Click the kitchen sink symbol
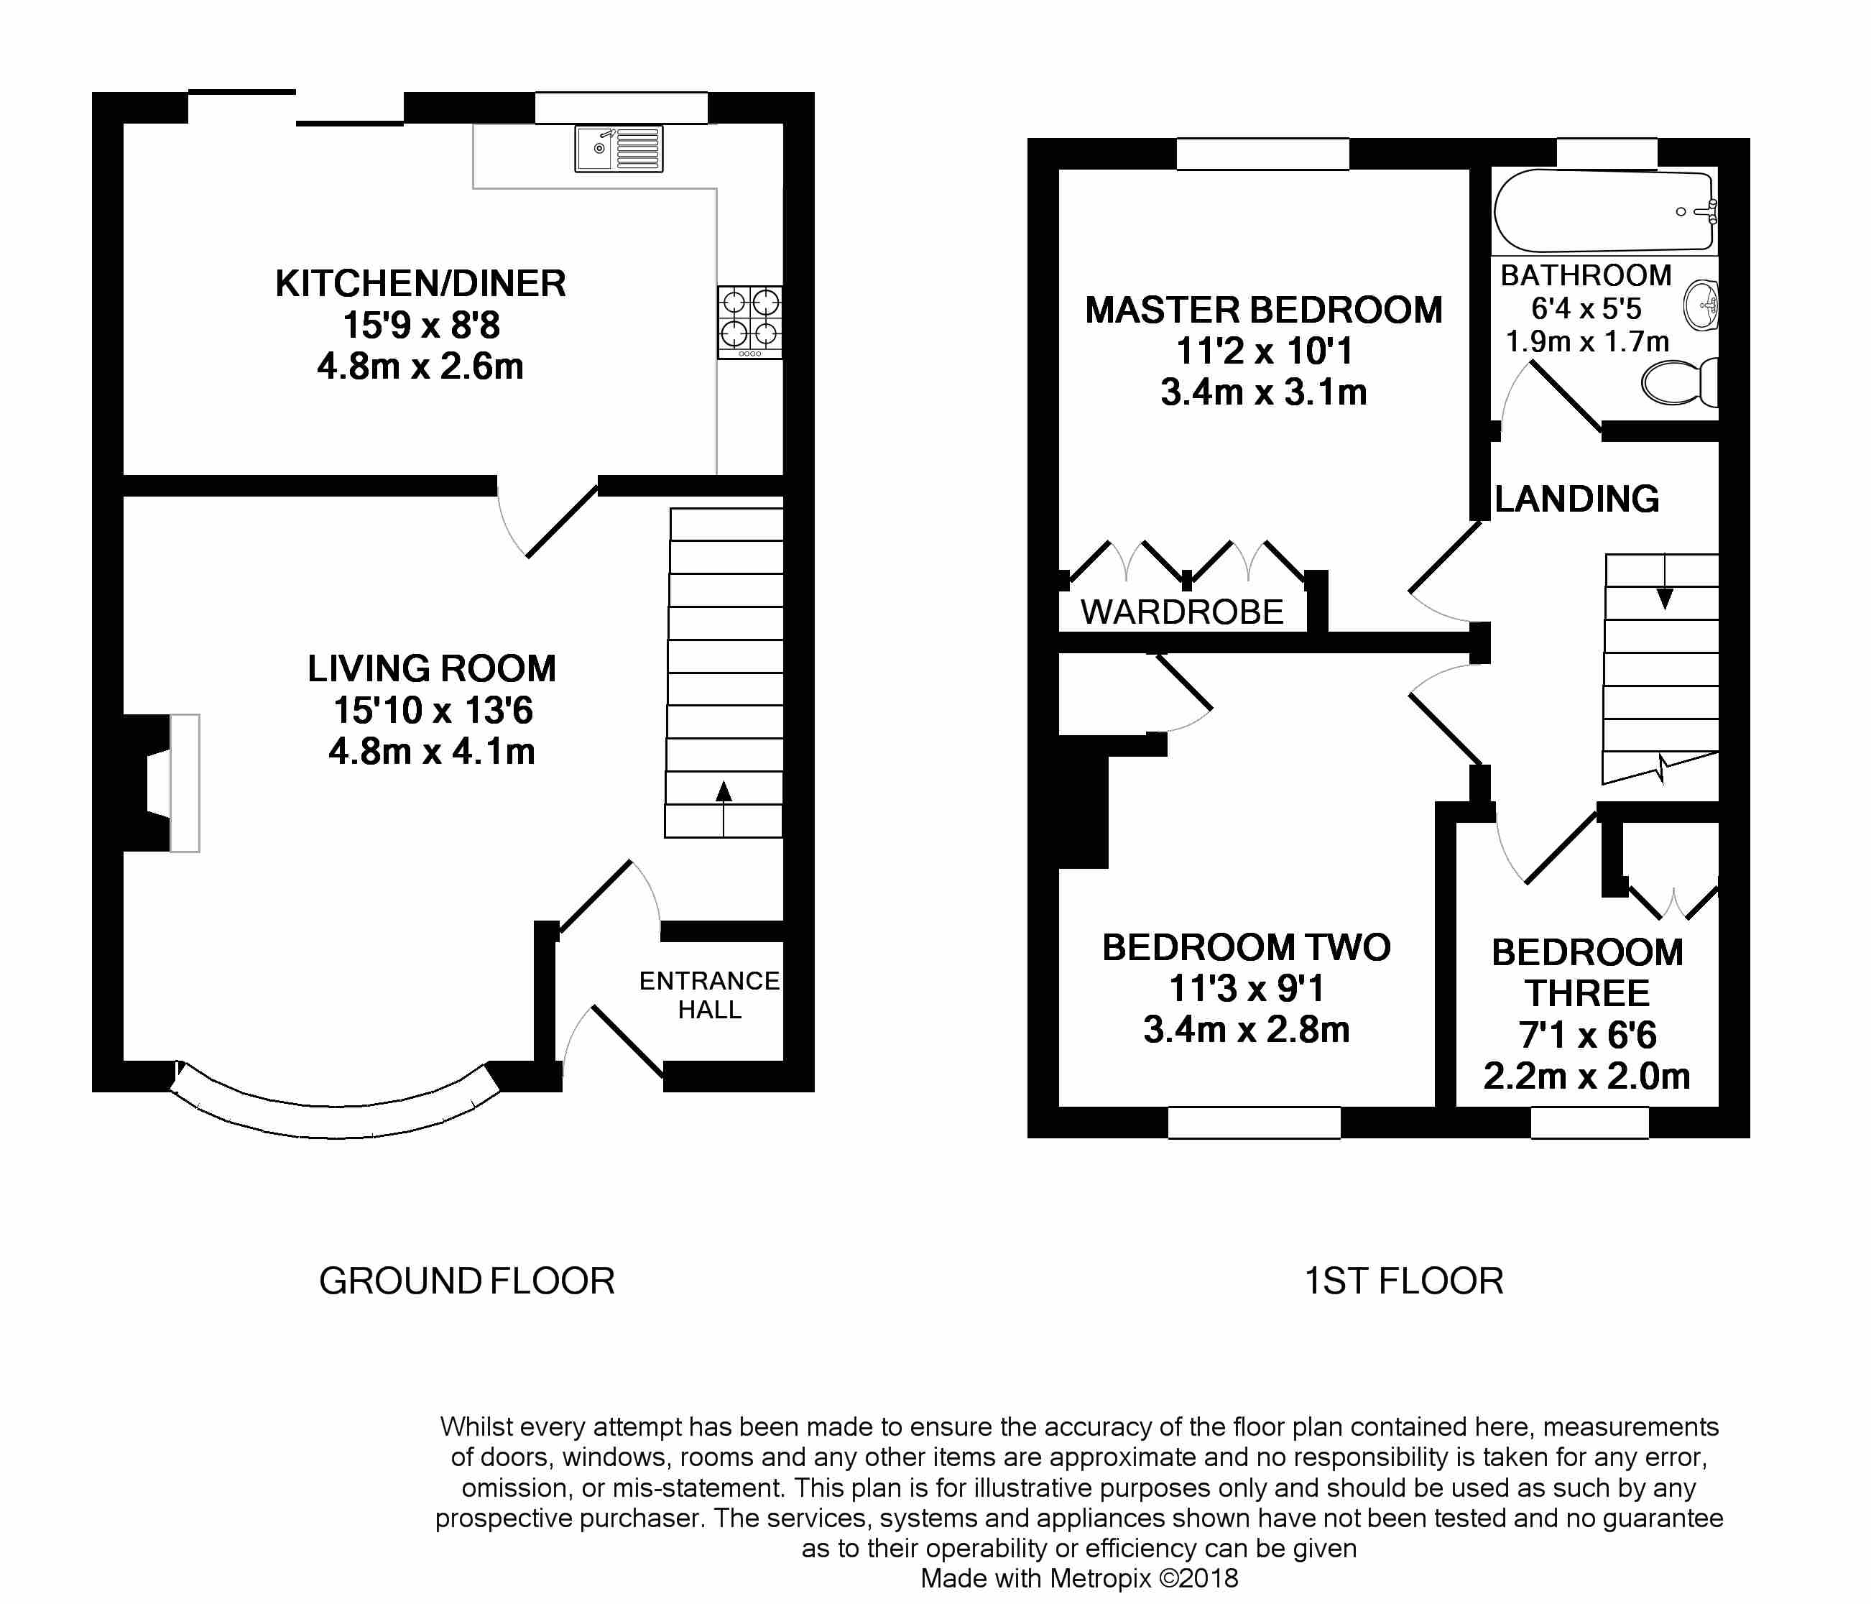coord(619,149)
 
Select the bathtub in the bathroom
coord(1604,211)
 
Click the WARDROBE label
coord(1182,612)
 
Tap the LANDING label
coord(1576,499)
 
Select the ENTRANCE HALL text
coord(710,995)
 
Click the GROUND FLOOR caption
coord(467,1281)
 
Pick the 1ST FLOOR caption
coord(1404,1281)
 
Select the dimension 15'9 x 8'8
coord(421,325)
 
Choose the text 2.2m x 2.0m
coord(1586,1077)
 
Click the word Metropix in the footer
coord(1101,1578)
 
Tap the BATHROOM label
coord(1586,275)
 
